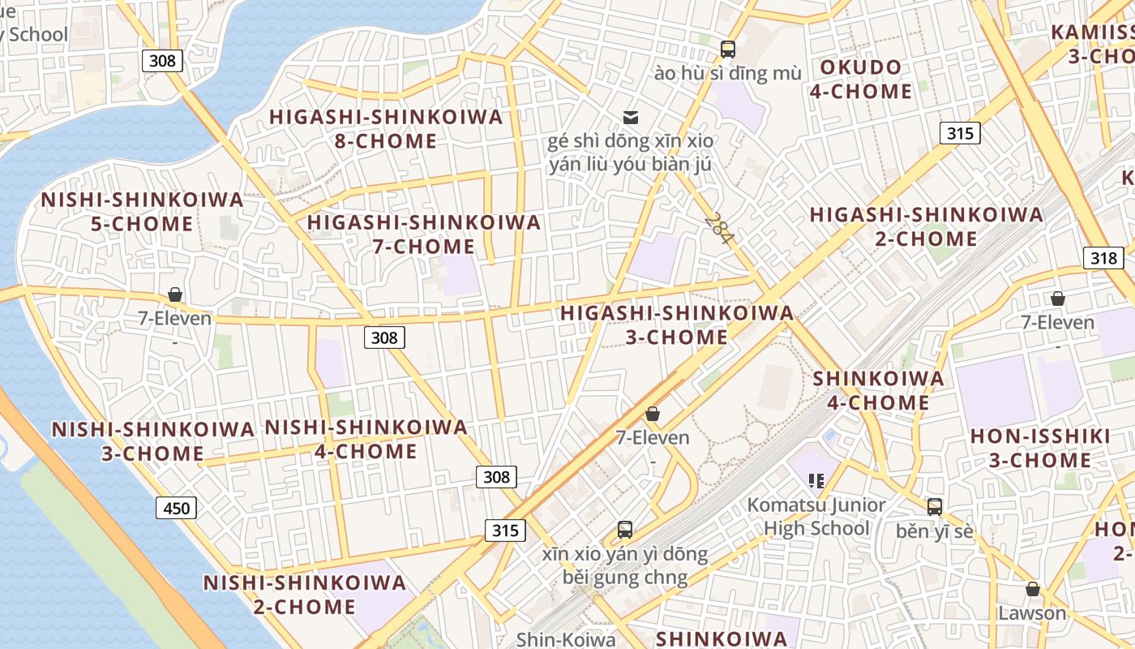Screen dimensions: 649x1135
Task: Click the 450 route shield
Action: pos(176,509)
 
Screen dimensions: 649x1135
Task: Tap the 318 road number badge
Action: pos(1103,258)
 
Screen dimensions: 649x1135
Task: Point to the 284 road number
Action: pos(719,229)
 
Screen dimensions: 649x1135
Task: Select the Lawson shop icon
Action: pos(1032,589)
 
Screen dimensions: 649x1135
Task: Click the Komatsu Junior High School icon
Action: pos(816,480)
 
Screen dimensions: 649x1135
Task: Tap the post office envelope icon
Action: pos(630,118)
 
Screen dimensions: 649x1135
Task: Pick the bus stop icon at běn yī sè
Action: pos(935,507)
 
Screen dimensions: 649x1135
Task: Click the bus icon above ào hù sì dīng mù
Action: pos(727,49)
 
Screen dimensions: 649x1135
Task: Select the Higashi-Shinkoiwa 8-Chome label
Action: pos(386,129)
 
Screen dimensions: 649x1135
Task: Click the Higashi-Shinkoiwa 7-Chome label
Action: pos(424,234)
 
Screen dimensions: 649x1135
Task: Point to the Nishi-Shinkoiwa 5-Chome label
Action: pos(142,212)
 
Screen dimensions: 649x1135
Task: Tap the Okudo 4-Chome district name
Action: pos(861,80)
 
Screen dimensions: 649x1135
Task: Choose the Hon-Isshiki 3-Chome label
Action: pos(1040,449)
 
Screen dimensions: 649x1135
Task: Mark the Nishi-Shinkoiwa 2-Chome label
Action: pos(304,595)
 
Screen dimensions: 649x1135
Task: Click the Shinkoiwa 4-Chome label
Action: pos(878,390)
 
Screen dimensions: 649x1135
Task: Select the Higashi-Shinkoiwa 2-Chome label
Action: pos(926,226)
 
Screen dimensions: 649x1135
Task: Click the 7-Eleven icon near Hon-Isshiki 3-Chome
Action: pos(1057,299)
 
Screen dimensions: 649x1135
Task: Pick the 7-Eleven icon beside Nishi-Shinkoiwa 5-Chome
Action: pos(174,294)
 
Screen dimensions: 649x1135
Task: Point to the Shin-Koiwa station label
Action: pos(566,639)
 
